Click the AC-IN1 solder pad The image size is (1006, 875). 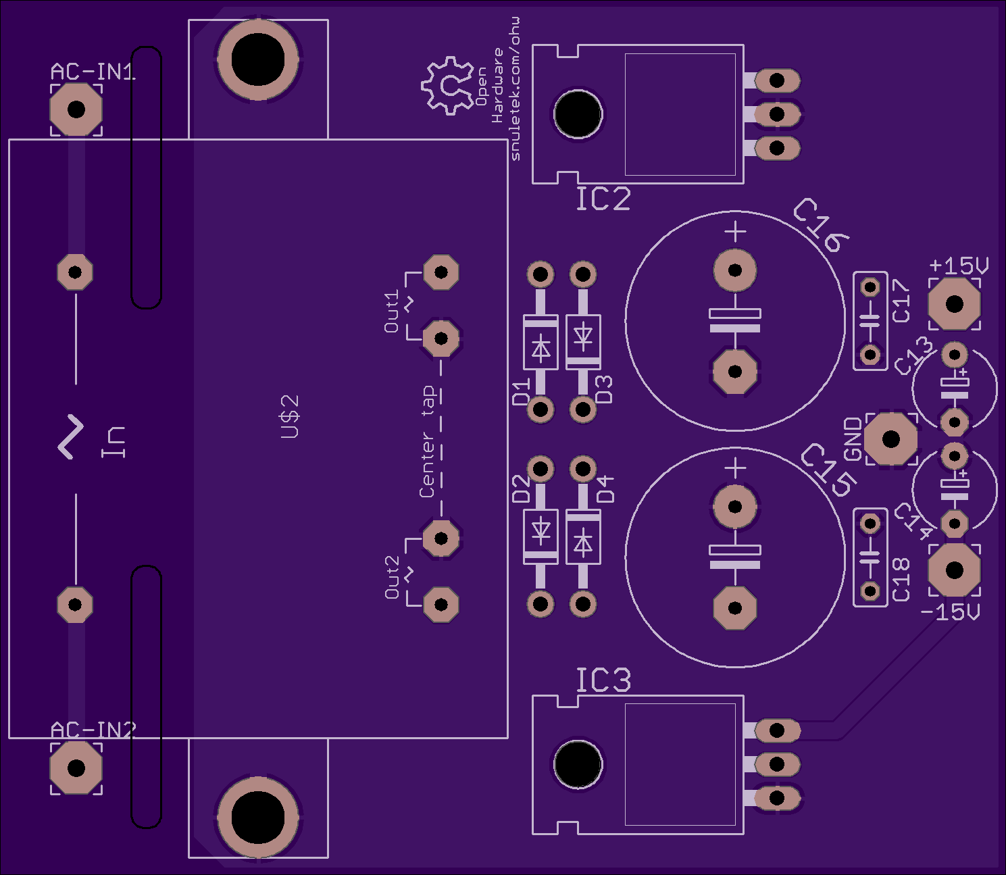pyautogui.click(x=76, y=109)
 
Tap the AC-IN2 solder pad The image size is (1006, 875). pyautogui.click(x=76, y=768)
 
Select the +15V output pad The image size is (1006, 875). pyautogui.click(x=955, y=304)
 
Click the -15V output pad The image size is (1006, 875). pyautogui.click(x=955, y=570)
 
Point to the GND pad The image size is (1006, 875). pyautogui.click(x=891, y=439)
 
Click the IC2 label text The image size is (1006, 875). pyautogui.click(x=603, y=199)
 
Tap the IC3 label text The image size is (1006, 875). pyautogui.click(x=603, y=680)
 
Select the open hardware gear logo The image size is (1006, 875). pyautogui.click(x=447, y=86)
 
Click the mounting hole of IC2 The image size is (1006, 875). pyautogui.click(x=578, y=114)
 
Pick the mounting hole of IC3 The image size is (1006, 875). pyautogui.click(x=578, y=764)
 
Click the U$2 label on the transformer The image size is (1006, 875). pyautogui.click(x=290, y=417)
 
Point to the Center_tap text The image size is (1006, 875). pyautogui.click(x=427, y=441)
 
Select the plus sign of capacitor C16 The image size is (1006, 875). pyautogui.click(x=736, y=231)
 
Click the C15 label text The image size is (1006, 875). pyautogui.click(x=829, y=470)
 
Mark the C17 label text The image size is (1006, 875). pyautogui.click(x=901, y=301)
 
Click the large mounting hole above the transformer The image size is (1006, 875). pyautogui.click(x=257, y=60)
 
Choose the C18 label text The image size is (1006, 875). pyautogui.click(x=901, y=580)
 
